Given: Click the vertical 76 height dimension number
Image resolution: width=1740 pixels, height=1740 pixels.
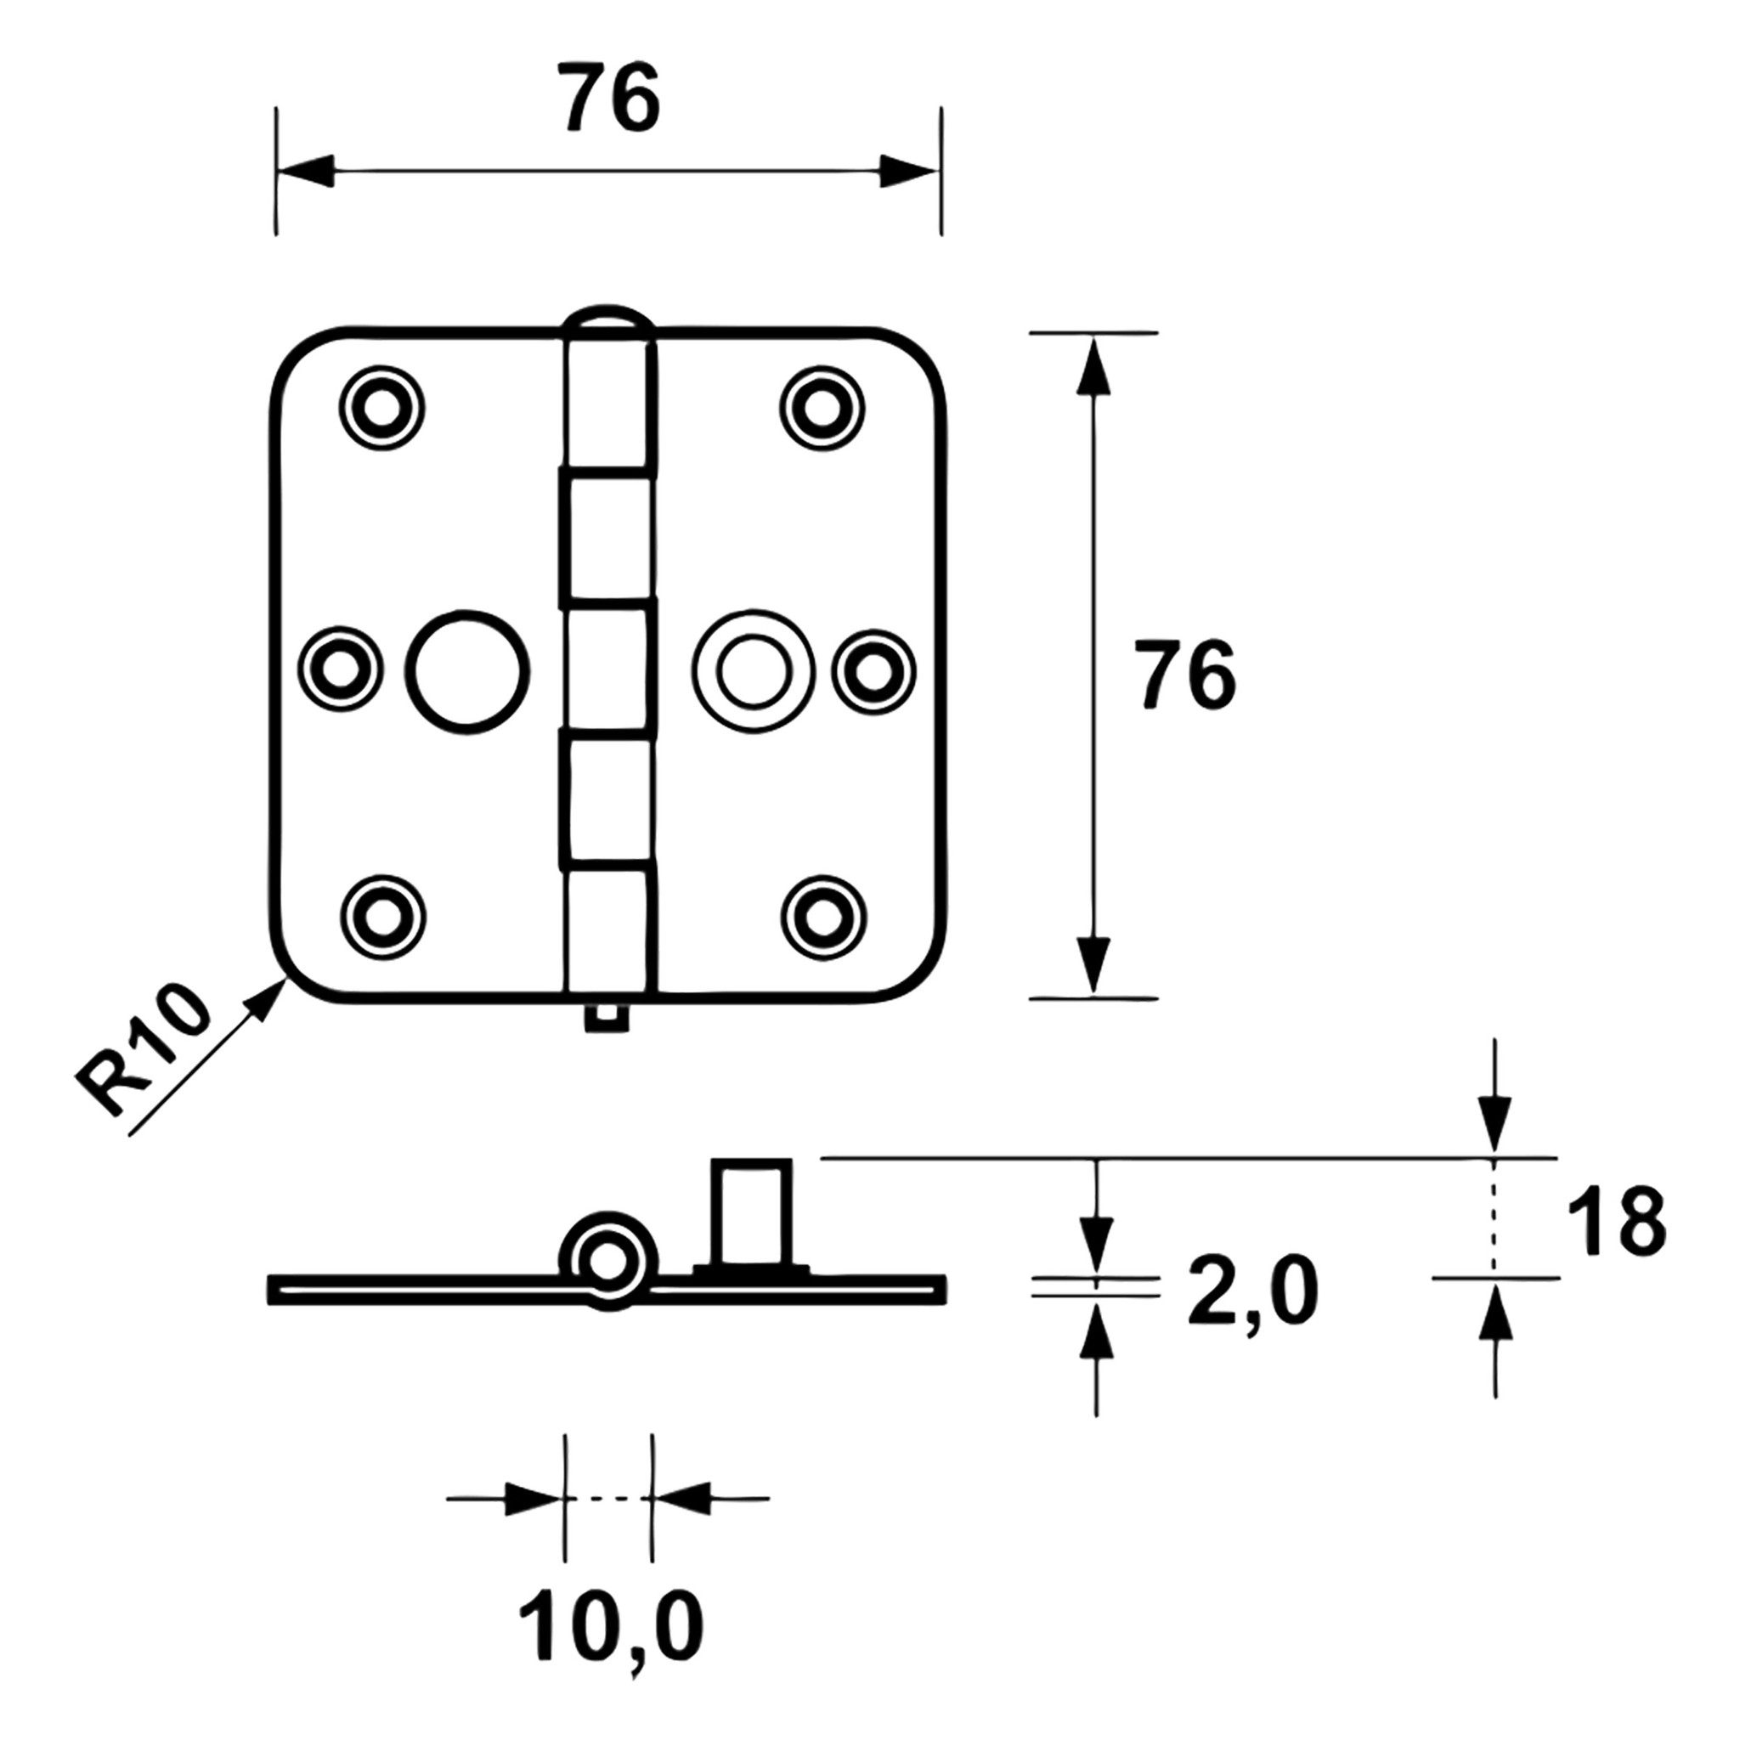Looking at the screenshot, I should pos(1184,674).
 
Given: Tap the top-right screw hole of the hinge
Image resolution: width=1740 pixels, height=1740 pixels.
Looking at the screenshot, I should pos(822,408).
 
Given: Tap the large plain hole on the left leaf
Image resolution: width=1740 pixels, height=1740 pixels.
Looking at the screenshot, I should pos(467,671).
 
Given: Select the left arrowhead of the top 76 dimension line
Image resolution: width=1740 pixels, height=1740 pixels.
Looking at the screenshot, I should pos(304,171).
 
